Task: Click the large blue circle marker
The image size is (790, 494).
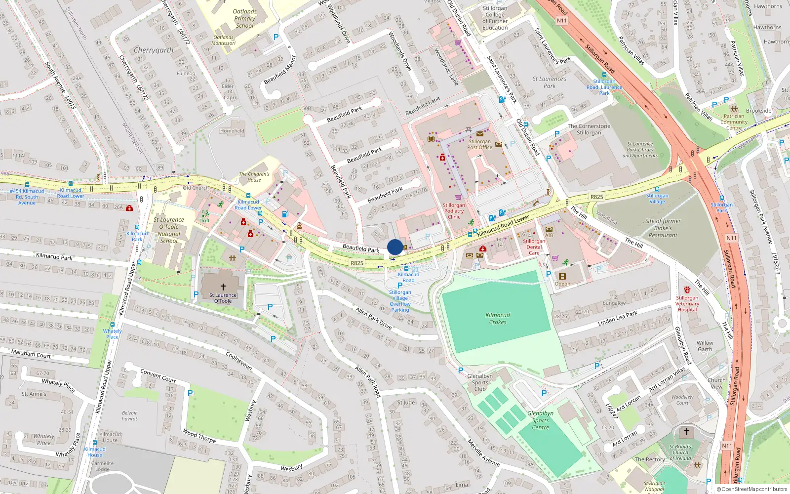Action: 395,247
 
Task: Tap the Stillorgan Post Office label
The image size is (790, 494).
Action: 479,144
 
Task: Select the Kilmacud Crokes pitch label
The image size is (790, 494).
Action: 498,319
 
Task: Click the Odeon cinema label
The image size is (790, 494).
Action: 562,284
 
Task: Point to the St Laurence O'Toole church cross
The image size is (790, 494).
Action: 223,287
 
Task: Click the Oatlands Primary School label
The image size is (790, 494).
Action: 244,18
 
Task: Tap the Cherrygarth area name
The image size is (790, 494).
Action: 154,50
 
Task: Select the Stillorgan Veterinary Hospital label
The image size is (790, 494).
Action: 687,303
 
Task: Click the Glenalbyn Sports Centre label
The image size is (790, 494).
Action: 540,420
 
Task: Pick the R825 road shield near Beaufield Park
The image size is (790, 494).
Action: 357,263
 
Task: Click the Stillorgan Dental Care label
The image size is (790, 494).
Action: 534,247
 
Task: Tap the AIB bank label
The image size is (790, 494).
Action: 549,235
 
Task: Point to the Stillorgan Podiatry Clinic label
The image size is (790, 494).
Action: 454,211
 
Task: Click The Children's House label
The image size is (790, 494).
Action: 254,177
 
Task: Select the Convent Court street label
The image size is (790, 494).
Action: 158,376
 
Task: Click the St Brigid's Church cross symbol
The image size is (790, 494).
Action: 686,431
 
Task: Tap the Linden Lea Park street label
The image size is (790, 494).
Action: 617,318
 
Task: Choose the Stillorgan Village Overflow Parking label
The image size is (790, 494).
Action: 400,301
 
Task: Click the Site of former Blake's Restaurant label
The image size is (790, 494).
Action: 663,228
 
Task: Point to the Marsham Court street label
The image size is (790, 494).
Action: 31,354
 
